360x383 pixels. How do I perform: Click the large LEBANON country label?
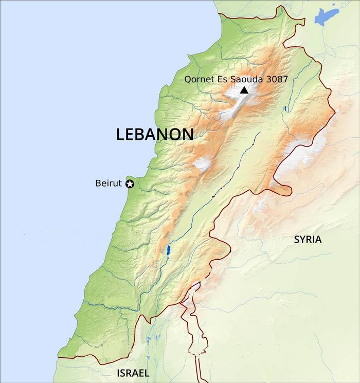(x=155, y=135)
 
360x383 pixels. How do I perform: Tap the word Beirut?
(x=109, y=183)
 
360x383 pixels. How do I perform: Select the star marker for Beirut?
(x=130, y=184)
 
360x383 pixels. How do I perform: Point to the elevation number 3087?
(x=277, y=79)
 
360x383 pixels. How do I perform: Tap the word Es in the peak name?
(x=222, y=79)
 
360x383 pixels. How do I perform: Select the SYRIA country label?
(x=308, y=239)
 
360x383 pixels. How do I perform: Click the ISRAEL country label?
(x=133, y=373)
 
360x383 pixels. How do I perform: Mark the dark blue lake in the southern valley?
(x=168, y=251)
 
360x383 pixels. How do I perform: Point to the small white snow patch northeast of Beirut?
(x=202, y=164)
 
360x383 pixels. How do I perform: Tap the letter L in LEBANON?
(x=120, y=135)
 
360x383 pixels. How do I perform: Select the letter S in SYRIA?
(x=297, y=239)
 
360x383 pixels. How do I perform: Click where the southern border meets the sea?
(x=59, y=357)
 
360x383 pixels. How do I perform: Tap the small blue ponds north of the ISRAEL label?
(x=149, y=340)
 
